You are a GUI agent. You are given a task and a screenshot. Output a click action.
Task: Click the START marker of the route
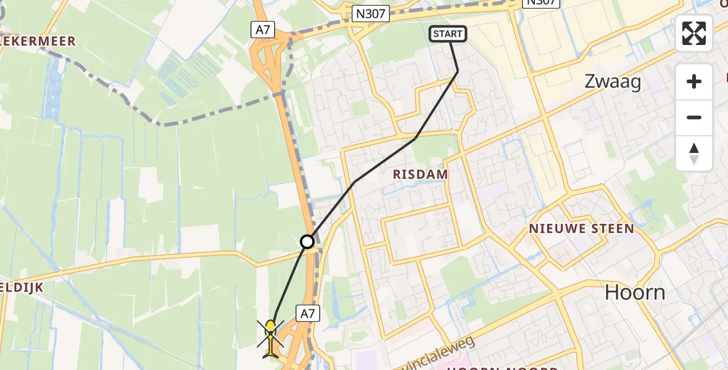(447, 34)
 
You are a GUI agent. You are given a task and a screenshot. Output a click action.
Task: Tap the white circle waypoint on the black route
(307, 242)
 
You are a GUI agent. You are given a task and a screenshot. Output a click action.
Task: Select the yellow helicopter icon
(271, 338)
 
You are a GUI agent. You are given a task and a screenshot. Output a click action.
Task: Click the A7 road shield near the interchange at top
(262, 29)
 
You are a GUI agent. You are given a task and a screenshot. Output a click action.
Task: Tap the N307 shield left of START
(371, 14)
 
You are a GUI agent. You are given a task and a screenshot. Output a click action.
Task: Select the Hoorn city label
(635, 292)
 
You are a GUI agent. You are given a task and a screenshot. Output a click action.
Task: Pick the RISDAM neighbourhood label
(420, 175)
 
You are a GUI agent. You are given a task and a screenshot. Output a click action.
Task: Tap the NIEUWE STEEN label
(581, 229)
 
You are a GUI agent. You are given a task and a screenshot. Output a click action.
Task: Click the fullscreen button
(694, 33)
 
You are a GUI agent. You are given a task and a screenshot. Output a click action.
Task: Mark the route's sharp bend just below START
(458, 72)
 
